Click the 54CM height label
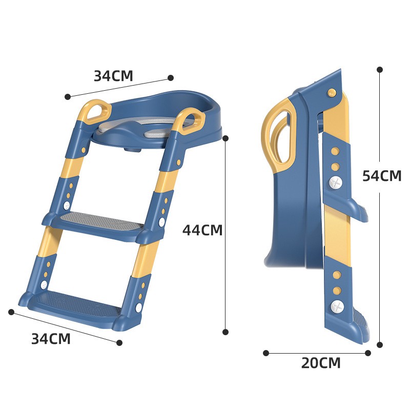click(381, 176)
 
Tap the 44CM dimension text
click(202, 230)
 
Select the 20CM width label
click(321, 363)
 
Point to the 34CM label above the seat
click(113, 76)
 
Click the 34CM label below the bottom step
click(51, 339)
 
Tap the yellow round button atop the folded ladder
click(332, 93)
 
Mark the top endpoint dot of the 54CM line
click(380, 69)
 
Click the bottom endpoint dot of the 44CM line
click(225, 332)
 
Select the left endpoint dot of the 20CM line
click(266, 353)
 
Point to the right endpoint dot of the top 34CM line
click(171, 78)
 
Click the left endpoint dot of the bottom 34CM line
click(11, 312)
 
